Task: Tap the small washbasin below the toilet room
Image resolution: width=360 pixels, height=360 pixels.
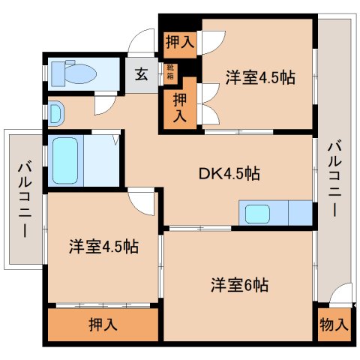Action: (57, 113)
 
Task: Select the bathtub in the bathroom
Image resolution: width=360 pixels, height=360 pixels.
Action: (65, 159)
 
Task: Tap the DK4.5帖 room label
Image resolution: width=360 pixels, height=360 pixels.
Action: (230, 174)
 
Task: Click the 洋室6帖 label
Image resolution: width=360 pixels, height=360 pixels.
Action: (239, 285)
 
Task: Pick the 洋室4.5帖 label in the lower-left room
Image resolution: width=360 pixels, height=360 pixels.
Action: (103, 247)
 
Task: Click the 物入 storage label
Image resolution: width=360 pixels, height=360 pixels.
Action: (334, 325)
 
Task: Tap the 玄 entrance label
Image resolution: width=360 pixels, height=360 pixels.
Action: (141, 73)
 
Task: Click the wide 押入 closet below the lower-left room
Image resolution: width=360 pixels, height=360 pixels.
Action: (103, 325)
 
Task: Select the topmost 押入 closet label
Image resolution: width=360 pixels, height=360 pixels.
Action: (180, 43)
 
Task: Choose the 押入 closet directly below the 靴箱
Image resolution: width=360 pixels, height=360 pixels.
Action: (180, 106)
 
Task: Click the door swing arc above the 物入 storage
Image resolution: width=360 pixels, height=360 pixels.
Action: (340, 294)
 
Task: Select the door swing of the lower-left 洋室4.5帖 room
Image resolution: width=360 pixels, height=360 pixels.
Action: (140, 201)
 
